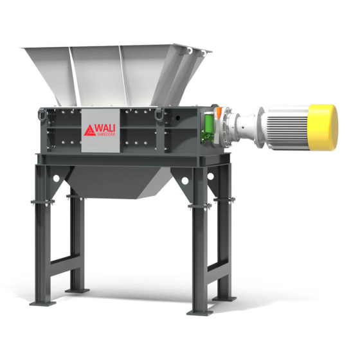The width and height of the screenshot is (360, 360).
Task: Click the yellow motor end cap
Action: (323, 128)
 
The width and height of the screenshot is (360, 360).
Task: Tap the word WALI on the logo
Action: (106, 128)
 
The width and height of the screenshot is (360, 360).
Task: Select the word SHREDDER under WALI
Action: (106, 134)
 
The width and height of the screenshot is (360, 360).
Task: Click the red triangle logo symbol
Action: (90, 130)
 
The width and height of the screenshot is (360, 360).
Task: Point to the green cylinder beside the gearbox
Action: (209, 123)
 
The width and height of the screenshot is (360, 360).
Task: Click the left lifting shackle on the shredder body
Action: (42, 114)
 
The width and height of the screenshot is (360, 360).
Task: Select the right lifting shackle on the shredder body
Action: (159, 115)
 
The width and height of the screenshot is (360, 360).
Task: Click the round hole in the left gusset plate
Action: (57, 178)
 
